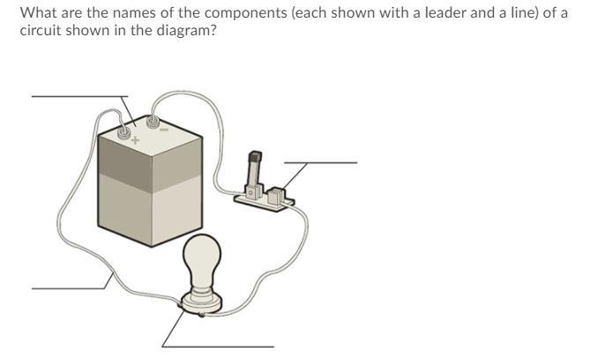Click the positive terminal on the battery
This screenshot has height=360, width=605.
click(x=124, y=132)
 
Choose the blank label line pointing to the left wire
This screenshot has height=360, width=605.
click(x=66, y=289)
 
